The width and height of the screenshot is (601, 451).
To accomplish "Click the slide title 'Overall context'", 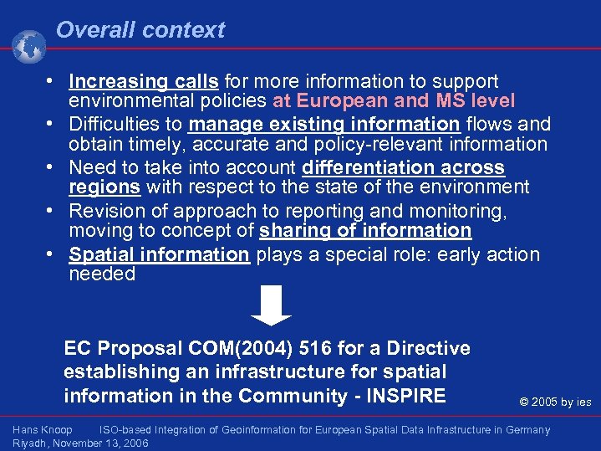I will click(x=140, y=30).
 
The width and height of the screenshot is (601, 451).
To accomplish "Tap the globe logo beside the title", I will click(x=29, y=46).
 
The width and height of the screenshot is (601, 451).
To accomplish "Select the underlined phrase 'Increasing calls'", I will click(x=144, y=81).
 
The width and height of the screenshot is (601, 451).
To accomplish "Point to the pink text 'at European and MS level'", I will click(x=394, y=101).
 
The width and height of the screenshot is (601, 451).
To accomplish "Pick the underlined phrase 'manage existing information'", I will click(x=323, y=125).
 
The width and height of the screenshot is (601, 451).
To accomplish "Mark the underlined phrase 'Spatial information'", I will click(x=159, y=254).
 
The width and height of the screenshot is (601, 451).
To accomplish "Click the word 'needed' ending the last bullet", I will click(x=102, y=274).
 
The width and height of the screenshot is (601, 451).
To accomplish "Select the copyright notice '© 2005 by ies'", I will click(x=555, y=402).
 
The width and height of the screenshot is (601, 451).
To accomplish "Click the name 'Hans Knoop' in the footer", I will click(x=43, y=430).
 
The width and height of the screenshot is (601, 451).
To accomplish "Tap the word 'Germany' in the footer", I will click(x=527, y=430).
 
